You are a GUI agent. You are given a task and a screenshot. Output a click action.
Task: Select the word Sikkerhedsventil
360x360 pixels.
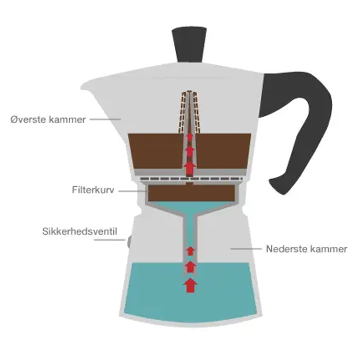(x=80, y=233)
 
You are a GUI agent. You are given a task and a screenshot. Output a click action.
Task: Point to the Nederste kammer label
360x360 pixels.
(x=306, y=249)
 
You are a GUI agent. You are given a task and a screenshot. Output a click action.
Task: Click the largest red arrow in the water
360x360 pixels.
(x=191, y=285)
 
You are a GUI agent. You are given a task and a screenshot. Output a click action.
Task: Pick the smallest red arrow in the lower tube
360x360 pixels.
(x=191, y=250)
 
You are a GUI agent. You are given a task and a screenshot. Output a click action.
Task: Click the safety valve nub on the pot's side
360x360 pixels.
(x=129, y=242)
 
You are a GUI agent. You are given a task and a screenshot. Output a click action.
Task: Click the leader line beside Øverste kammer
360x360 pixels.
(x=104, y=119)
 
